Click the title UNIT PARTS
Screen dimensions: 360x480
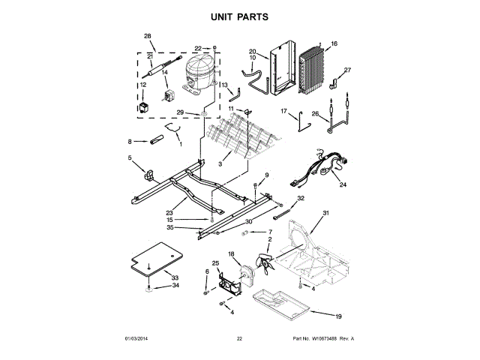coord(239,16)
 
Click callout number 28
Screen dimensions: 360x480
coord(148,37)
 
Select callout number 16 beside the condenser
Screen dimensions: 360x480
coord(334,44)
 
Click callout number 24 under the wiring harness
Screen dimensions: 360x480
coord(343,184)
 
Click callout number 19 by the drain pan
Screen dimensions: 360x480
coord(338,316)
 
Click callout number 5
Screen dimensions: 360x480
coord(130,157)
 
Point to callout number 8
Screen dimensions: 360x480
coord(130,141)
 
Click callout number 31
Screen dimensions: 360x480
coord(326,214)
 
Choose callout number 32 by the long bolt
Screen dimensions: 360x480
coord(301,198)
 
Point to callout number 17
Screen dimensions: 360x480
coord(284,112)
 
